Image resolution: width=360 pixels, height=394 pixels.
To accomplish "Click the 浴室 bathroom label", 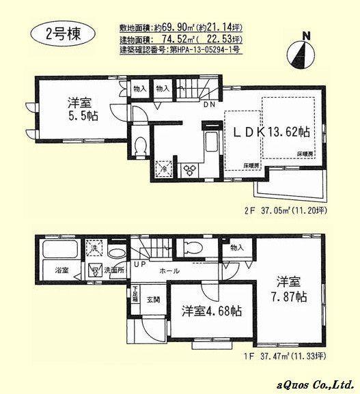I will click(x=61, y=271).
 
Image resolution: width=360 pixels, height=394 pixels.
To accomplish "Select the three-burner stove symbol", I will click(x=190, y=169).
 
